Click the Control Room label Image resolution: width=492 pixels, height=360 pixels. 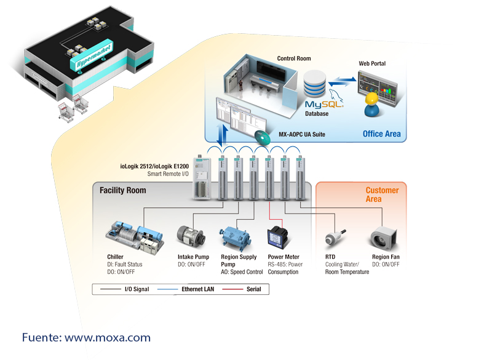[x=294, y=59]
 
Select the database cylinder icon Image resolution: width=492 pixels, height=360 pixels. [x=315, y=84]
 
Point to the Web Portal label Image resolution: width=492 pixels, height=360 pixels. [x=372, y=63]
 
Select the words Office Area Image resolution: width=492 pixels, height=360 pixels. [x=381, y=134]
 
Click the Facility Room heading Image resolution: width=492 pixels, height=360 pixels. [x=123, y=191]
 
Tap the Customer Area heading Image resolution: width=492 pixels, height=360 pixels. [x=382, y=194]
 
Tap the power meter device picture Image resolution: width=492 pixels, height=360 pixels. [x=275, y=238]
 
